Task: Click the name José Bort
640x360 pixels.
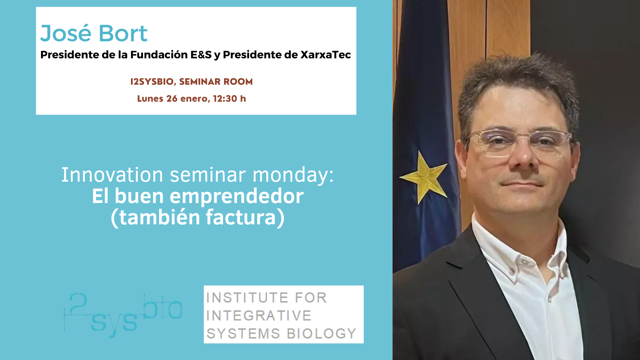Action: [94, 33]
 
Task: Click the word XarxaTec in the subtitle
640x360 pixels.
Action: [326, 55]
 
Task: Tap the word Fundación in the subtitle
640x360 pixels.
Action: [159, 55]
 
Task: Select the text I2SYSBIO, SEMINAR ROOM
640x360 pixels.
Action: [191, 82]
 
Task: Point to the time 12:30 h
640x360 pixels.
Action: [229, 99]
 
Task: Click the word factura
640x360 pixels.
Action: [241, 217]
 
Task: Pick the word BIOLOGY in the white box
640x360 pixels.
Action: [321, 334]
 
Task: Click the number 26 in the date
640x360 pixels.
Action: [172, 99]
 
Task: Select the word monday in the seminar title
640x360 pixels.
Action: [293, 175]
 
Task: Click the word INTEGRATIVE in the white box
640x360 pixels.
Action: [259, 316]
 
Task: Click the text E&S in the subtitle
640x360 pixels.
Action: [201, 55]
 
